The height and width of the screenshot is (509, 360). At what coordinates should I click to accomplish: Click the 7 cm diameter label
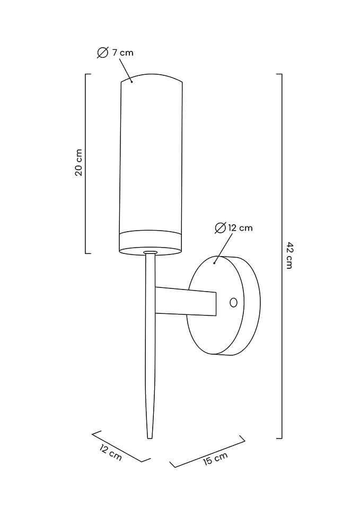pos(122,52)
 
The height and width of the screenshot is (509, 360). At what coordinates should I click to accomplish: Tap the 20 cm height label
pos(78,163)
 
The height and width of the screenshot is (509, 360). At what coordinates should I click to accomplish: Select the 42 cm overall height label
pos(289,255)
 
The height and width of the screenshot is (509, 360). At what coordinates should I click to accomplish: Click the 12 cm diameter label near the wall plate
pos(240,228)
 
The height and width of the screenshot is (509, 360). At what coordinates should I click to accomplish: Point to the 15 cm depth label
pos(215,459)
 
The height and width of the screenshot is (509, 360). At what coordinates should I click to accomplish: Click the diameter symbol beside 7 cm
pos(103,52)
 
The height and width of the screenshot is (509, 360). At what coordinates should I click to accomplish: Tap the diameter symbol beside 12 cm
pos(221,228)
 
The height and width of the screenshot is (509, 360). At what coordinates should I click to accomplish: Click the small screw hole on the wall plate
pos(233,302)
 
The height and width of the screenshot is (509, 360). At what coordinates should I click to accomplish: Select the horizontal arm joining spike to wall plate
pos(186,301)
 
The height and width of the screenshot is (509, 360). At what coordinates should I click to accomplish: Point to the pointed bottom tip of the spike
pos(150,436)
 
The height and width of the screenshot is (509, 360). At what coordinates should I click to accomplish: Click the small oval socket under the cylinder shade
pos(150,252)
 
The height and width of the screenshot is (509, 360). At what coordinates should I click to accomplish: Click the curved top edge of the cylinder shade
pos(152,75)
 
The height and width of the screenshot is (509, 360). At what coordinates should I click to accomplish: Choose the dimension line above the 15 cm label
pos(208,451)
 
